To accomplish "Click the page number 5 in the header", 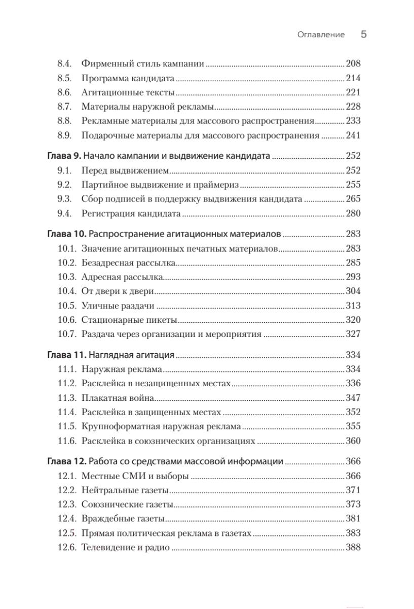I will click(363, 35).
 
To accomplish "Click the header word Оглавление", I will click(321, 35).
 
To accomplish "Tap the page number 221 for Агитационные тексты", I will click(353, 92).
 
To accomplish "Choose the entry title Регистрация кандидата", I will click(131, 213).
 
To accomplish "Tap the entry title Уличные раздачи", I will click(118, 306).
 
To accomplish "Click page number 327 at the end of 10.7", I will click(353, 334).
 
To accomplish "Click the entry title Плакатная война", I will click(118, 398).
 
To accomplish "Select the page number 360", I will click(353, 441).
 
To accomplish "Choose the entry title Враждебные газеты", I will click(123, 519).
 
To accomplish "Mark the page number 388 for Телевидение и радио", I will click(353, 547).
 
